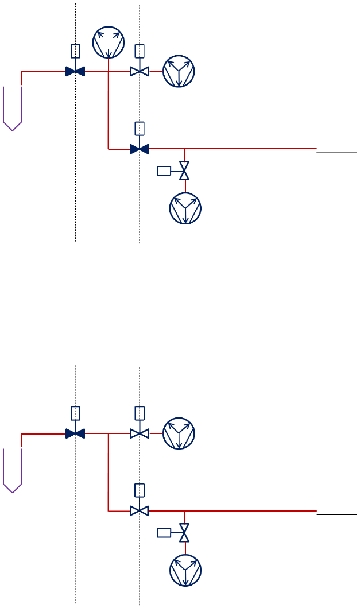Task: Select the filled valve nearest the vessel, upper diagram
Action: (75, 72)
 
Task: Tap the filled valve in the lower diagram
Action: (75, 433)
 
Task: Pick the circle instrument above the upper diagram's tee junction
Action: (109, 42)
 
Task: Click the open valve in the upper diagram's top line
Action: (140, 72)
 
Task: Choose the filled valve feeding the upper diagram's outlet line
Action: (140, 149)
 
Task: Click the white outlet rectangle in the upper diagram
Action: (337, 149)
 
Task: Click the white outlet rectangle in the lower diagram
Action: (337, 510)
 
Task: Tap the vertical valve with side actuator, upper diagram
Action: (184, 171)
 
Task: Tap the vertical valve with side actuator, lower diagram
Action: (184, 532)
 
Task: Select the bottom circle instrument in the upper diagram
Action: (185, 208)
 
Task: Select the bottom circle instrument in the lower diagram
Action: (185, 571)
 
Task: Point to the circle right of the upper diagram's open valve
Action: (179, 72)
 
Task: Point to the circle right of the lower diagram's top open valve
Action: (179, 433)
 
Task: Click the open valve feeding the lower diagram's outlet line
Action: (140, 510)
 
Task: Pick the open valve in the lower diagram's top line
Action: (140, 433)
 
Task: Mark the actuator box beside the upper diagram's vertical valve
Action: (164, 171)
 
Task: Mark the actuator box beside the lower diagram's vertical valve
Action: (164, 532)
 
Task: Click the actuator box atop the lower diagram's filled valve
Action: (75, 413)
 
